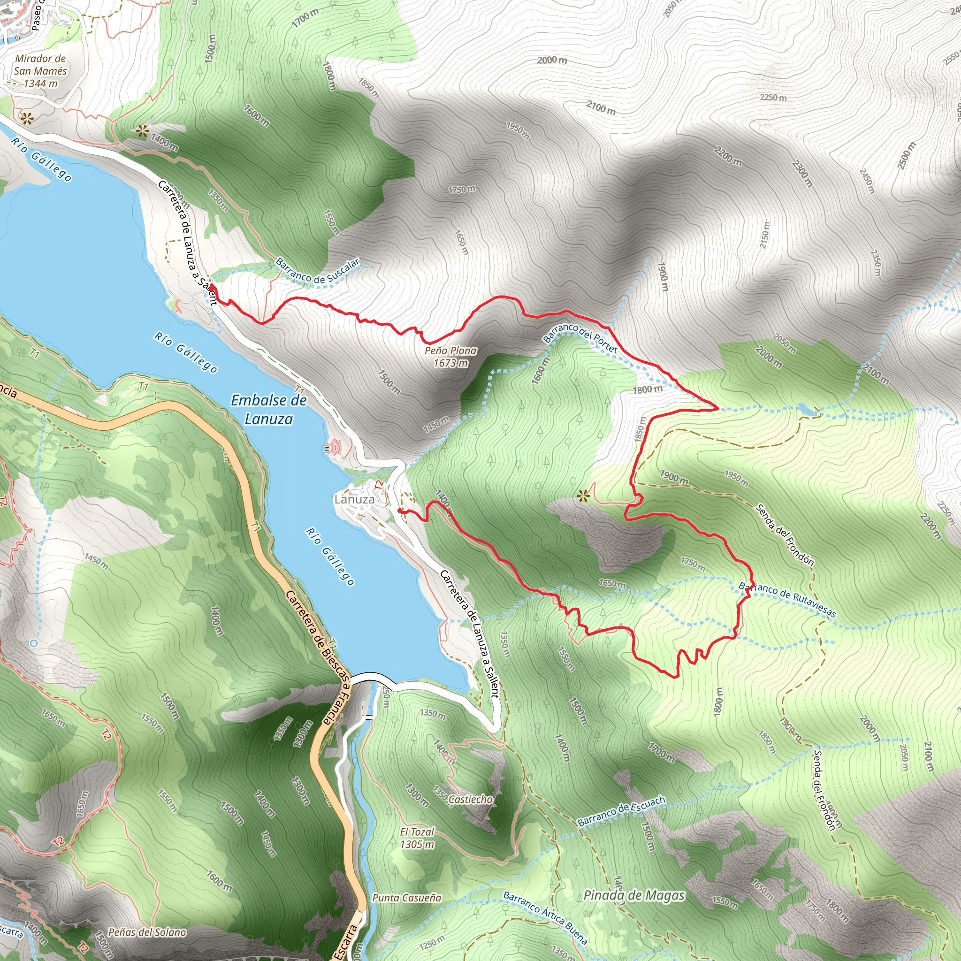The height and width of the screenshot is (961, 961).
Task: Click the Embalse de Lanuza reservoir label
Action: tap(268, 409)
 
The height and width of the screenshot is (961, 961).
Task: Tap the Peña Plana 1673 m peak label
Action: tap(450, 357)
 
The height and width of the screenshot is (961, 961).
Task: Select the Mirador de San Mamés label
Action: tap(40, 71)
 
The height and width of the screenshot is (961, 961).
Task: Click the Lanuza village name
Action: tap(355, 499)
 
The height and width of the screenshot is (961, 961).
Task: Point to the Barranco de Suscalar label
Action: tap(317, 271)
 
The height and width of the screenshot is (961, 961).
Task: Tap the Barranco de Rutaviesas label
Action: tap(787, 599)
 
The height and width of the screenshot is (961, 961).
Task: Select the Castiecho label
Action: tap(470, 799)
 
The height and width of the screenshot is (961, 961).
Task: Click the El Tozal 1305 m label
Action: tap(417, 838)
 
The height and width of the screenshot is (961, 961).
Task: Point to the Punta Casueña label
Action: tap(407, 898)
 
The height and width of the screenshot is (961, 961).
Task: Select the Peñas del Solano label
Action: tap(147, 932)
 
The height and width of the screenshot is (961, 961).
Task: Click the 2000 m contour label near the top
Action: tap(552, 60)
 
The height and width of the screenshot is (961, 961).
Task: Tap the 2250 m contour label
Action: tap(773, 98)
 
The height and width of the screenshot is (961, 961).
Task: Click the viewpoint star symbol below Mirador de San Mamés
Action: tap(25, 118)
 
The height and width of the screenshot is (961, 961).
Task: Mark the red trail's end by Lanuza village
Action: tap(399, 511)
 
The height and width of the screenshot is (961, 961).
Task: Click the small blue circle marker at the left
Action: tap(34, 643)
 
